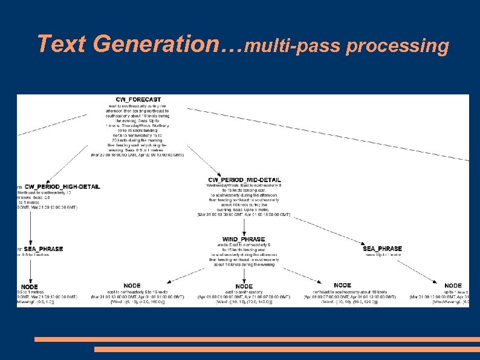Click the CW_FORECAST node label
pyautogui.click(x=138, y=99)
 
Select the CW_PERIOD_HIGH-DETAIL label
pyautogui.click(x=62, y=186)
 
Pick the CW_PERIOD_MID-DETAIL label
pyautogui.click(x=244, y=180)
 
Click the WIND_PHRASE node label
pyautogui.click(x=244, y=239)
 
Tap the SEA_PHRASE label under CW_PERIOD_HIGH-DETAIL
pyautogui.click(x=43, y=249)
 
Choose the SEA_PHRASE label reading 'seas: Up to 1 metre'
pyautogui.click(x=382, y=248)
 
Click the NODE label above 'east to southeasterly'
pyautogui.click(x=244, y=286)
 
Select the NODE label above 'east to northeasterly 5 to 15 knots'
pyautogui.click(x=132, y=285)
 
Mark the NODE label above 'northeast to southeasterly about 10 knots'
pyautogui.click(x=342, y=285)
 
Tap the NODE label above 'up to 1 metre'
pyautogui.click(x=453, y=285)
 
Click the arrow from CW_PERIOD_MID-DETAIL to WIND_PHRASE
pyautogui.click(x=244, y=226)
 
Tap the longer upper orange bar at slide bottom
pyautogui.click(x=256, y=339)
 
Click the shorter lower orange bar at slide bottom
pyautogui.click(x=287, y=349)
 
